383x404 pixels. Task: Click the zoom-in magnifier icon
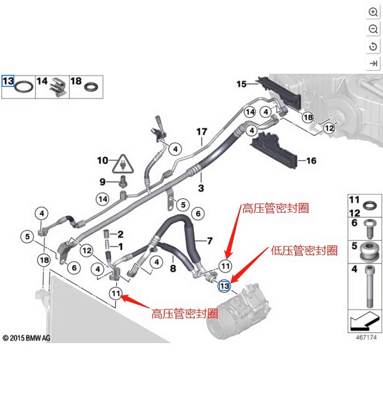pos(373,12)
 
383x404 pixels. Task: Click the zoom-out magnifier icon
pos(373,29)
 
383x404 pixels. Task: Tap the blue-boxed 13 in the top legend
pos(8,81)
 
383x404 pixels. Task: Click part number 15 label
pos(242,84)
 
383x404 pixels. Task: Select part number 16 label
pos(311,161)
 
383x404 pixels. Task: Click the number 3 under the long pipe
pos(201,188)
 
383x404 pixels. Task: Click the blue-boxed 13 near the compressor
pos(224,286)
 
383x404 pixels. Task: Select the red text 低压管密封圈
pos(304,250)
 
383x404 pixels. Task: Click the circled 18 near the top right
pos(307,118)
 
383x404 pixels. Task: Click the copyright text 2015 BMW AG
pos(27,338)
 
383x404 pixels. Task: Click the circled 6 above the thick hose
pos(198,214)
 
